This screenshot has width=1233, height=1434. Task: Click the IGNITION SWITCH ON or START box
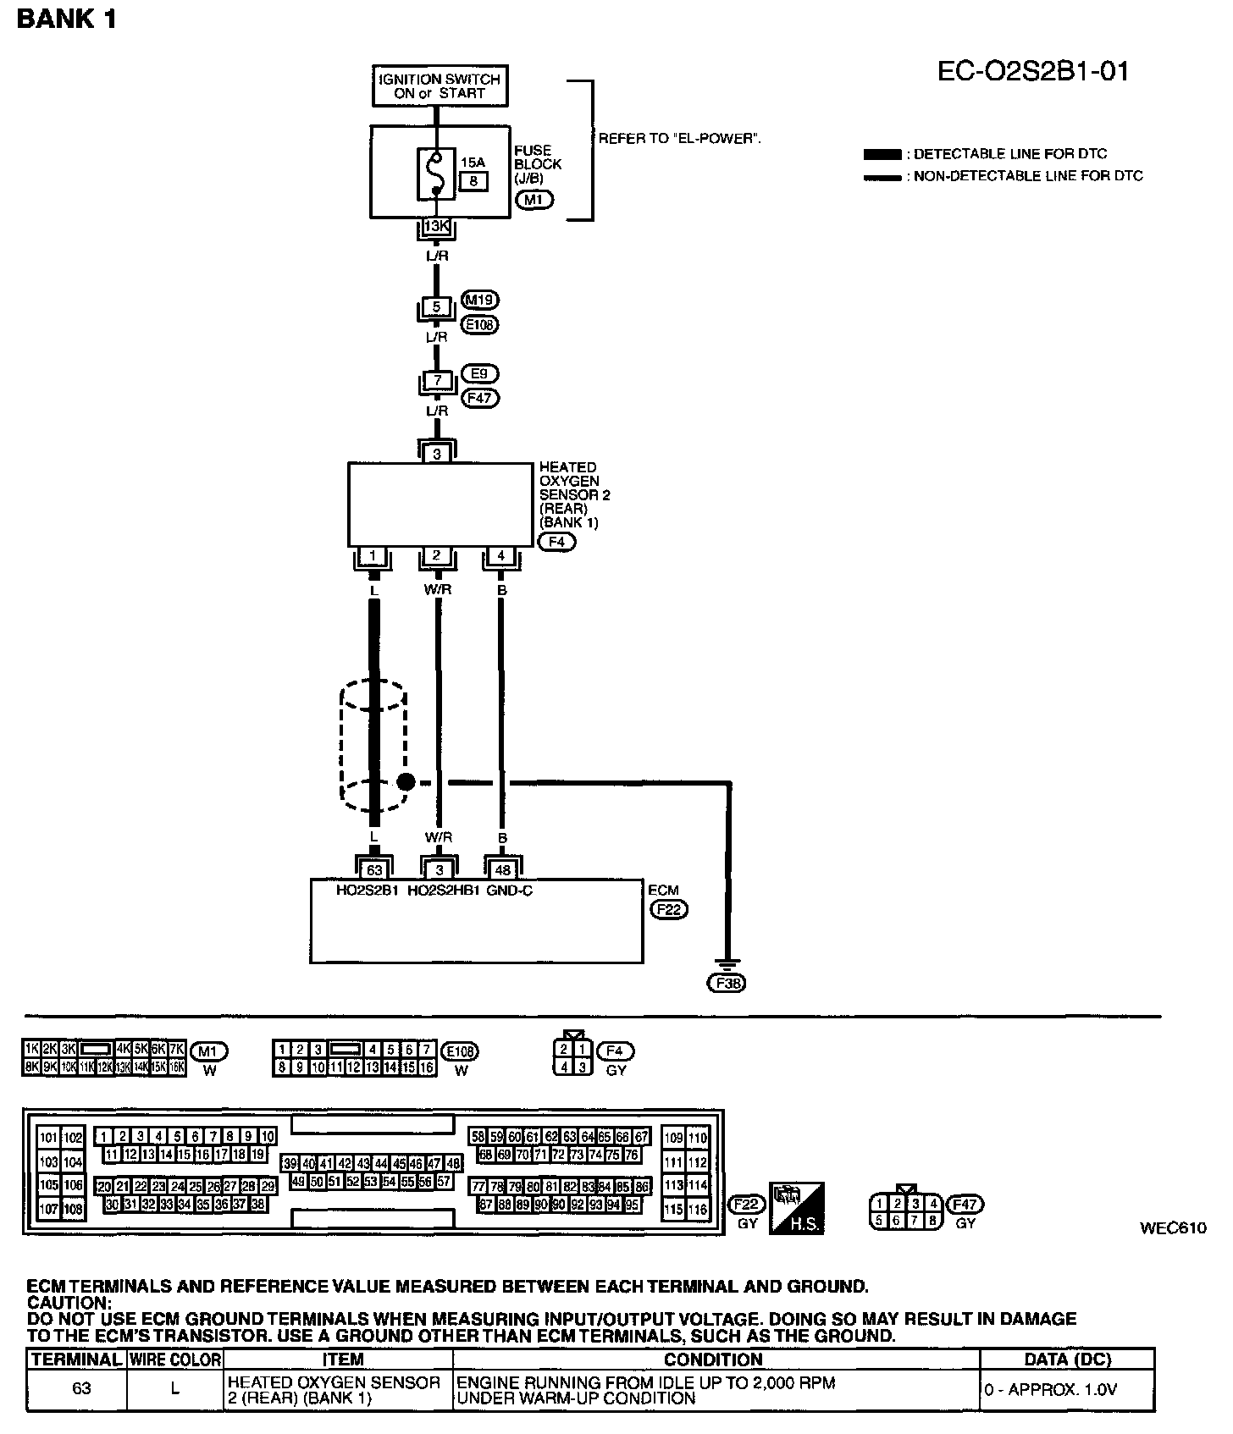(x=440, y=85)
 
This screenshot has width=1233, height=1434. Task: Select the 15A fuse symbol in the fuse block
(x=435, y=174)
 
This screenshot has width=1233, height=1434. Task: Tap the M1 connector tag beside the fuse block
(x=534, y=201)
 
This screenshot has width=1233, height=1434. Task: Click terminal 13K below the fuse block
(x=436, y=226)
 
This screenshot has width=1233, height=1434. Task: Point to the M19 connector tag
(x=481, y=300)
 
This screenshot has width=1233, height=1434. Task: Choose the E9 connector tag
(x=480, y=373)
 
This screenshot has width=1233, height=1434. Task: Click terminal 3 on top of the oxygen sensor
(x=437, y=454)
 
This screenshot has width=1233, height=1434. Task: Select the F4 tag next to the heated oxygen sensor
(x=556, y=542)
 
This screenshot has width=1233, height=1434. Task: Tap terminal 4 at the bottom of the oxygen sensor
(x=501, y=556)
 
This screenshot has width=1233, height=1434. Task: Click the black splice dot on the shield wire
(x=406, y=782)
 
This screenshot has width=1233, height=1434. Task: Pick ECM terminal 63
(x=374, y=869)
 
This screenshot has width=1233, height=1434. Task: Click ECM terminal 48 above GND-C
(x=503, y=869)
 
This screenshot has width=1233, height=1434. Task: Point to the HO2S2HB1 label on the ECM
(x=444, y=891)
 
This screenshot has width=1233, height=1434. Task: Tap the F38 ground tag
(x=727, y=983)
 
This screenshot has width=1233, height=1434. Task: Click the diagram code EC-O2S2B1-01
(x=1033, y=71)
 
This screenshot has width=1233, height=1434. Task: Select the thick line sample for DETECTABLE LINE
(x=882, y=154)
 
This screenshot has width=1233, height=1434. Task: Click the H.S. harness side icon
(x=796, y=1209)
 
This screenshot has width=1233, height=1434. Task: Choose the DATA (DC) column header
(x=1067, y=1360)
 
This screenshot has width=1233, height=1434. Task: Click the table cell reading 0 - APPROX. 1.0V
(x=1067, y=1389)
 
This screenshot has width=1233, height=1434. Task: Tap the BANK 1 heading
(x=66, y=19)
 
